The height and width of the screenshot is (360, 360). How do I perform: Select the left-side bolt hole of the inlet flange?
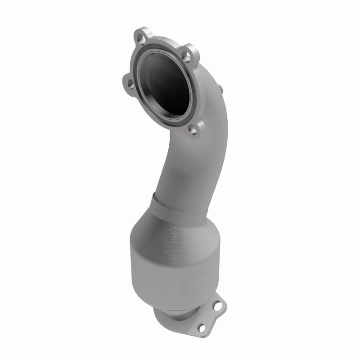click(130, 84)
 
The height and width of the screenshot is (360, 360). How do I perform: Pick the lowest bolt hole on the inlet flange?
click(193, 130)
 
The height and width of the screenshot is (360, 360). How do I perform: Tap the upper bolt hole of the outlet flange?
click(218, 306)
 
